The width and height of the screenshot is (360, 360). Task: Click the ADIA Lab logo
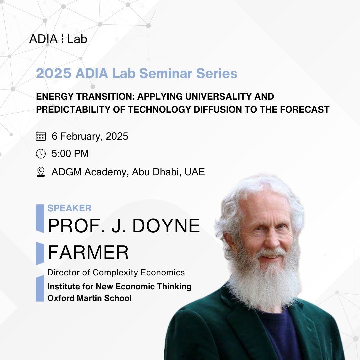click(x=58, y=39)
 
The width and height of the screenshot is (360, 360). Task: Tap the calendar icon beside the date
click(x=41, y=136)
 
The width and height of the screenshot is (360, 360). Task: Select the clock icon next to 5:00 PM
click(x=41, y=154)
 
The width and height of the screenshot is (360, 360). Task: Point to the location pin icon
click(x=41, y=172)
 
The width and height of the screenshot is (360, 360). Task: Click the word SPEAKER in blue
click(x=69, y=208)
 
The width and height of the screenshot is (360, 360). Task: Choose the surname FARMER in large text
click(x=88, y=252)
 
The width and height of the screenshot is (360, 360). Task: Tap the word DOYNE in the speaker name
click(x=166, y=226)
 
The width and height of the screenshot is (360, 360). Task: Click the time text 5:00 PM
click(x=70, y=154)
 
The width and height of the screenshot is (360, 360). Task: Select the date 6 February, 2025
click(x=90, y=136)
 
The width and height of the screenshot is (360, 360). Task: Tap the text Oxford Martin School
click(x=90, y=298)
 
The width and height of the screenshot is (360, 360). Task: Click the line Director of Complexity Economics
click(x=116, y=273)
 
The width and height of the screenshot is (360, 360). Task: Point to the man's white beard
click(x=264, y=282)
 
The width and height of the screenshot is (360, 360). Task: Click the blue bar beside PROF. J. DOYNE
click(x=40, y=218)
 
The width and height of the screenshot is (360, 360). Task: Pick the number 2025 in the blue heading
click(x=54, y=73)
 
